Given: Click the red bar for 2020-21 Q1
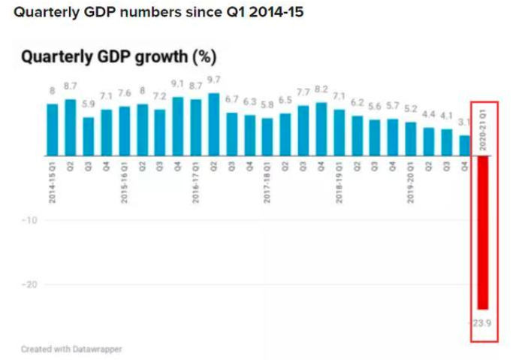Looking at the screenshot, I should tap(483, 233).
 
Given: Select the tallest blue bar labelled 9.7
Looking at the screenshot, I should tap(214, 124).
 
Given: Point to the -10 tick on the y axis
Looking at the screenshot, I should tap(29, 220).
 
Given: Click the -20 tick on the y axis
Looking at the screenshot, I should tap(29, 285).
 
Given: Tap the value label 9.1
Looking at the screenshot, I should tap(178, 85).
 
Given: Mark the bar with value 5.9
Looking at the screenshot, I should tap(89, 136).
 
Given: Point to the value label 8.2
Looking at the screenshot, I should tap(321, 90).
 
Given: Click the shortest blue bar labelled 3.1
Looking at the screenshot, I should tap(465, 145).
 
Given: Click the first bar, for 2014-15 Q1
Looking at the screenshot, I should tap(53, 129).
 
